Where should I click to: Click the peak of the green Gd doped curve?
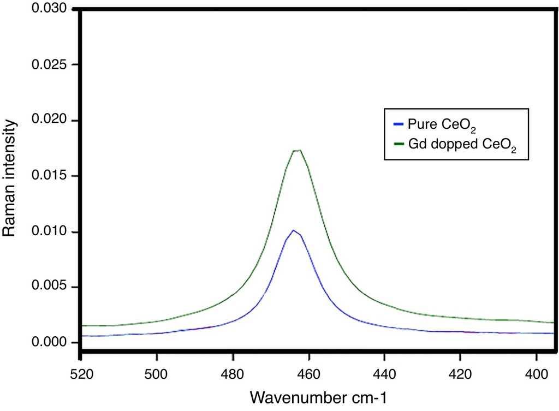(298, 151)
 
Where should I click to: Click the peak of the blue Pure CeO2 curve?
(294, 230)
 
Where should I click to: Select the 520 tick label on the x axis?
(81, 376)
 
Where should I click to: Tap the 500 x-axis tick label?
(157, 376)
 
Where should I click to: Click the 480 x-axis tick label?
(233, 376)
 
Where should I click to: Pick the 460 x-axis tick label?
(309, 376)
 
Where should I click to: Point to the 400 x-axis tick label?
(537, 376)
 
